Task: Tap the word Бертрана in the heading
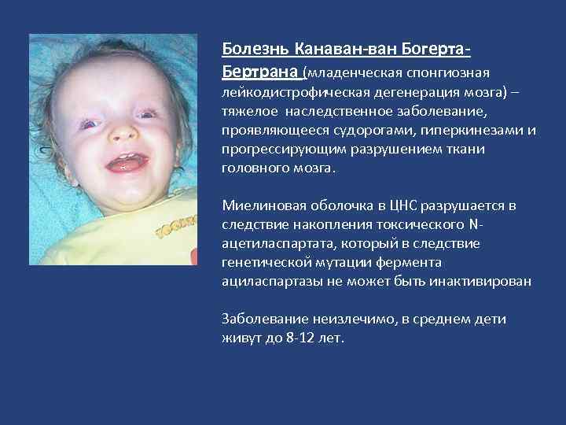(260, 72)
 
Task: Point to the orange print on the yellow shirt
(175, 227)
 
